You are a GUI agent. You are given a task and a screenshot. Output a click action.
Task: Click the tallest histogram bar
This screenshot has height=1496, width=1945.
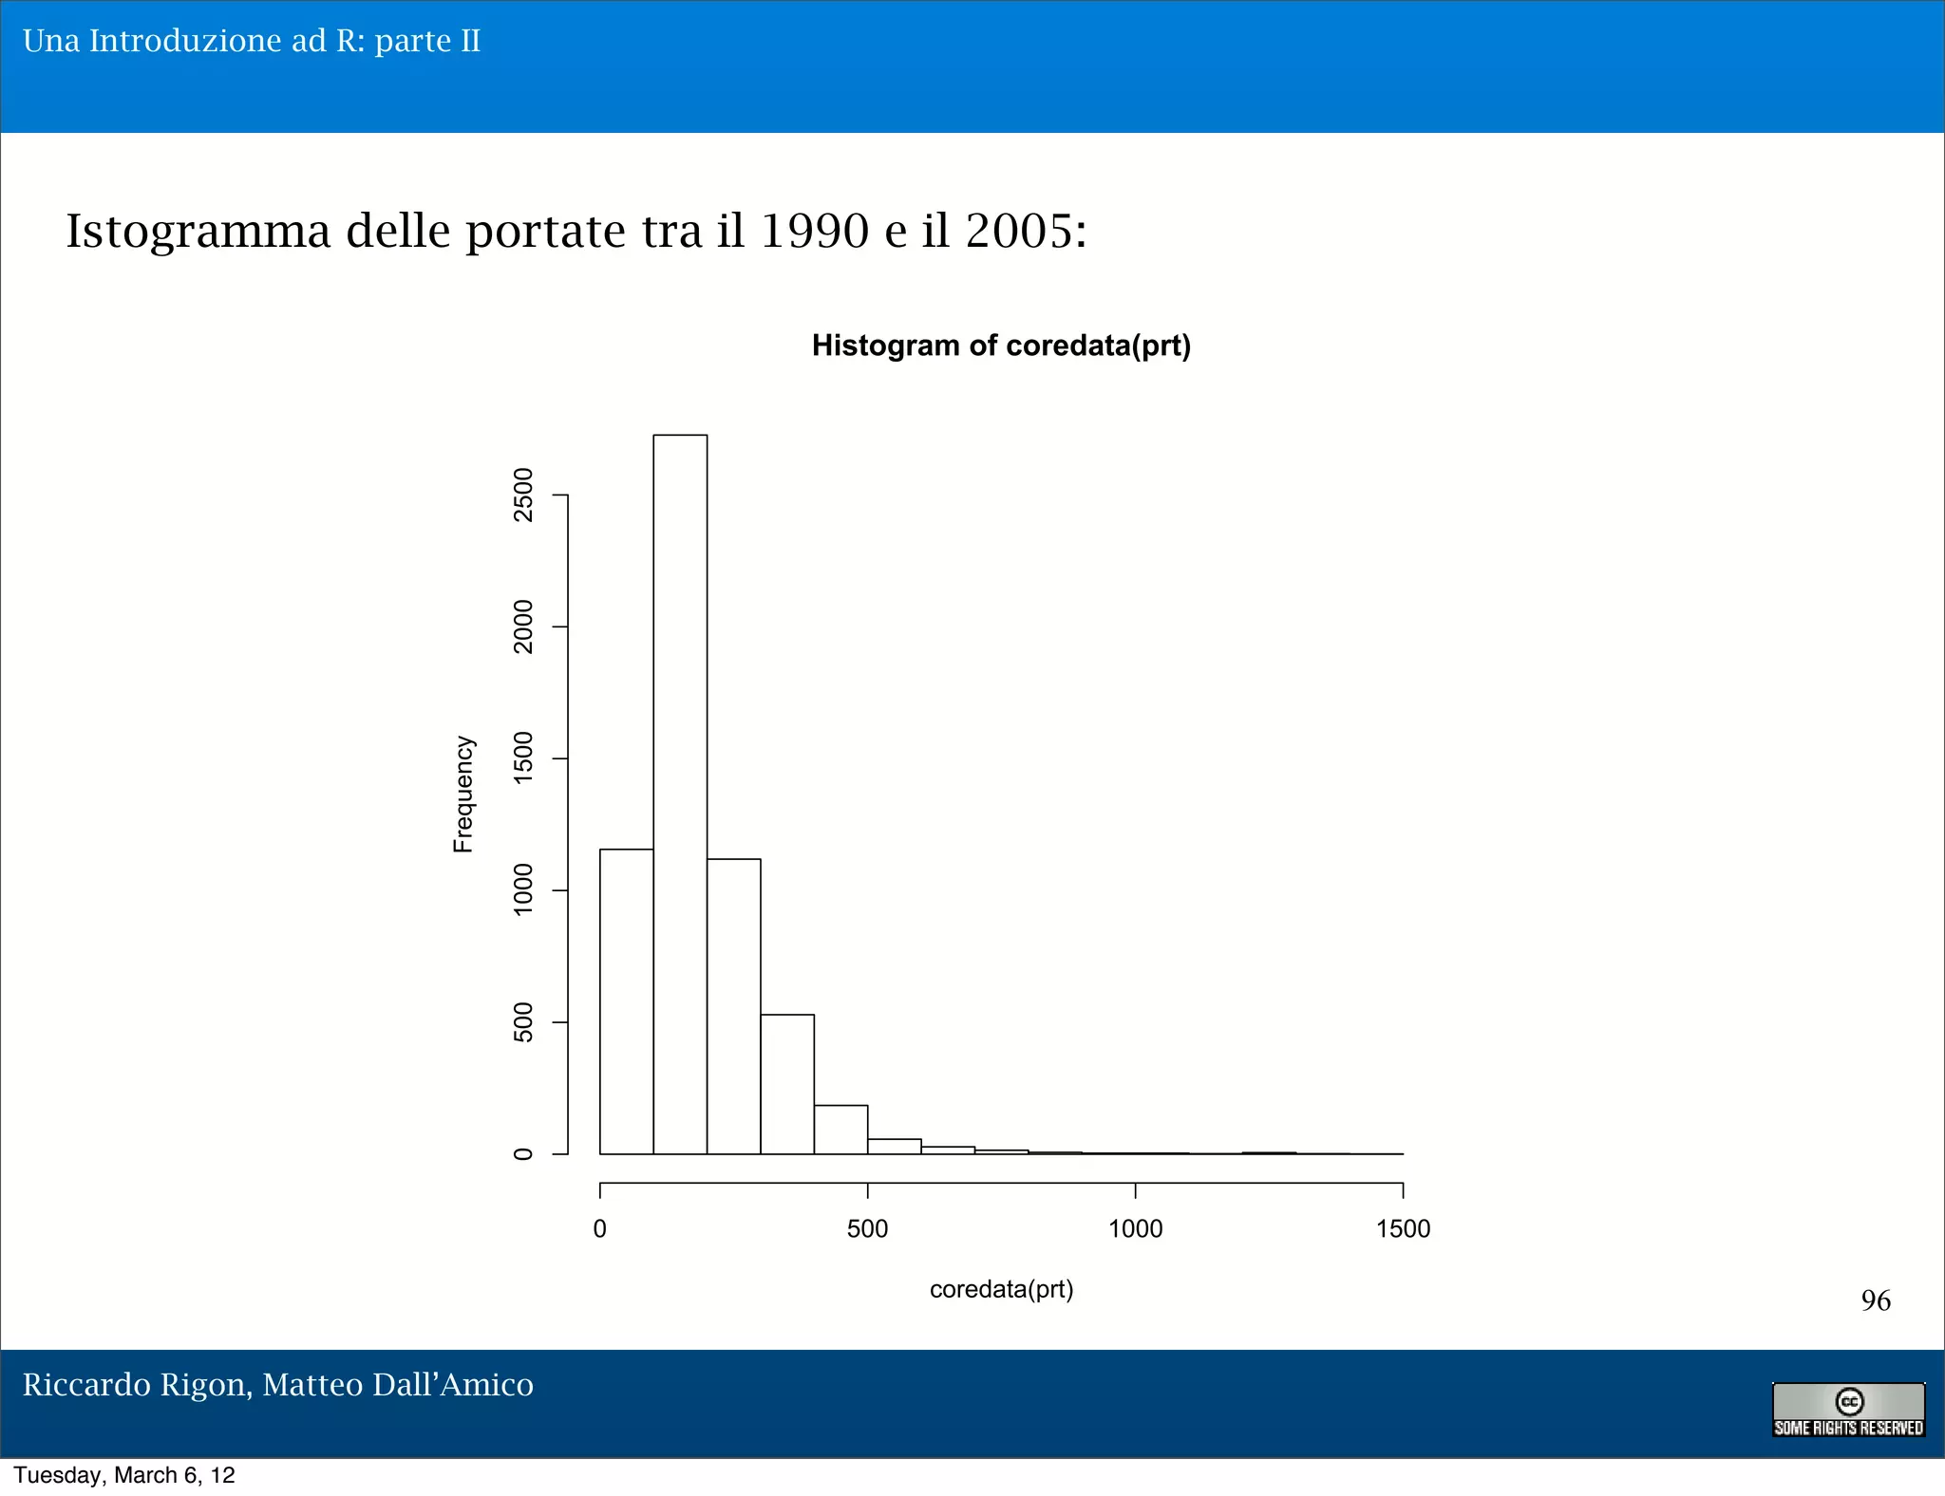coord(680,794)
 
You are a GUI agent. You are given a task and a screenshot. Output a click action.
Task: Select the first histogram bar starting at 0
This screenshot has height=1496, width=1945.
coord(627,1001)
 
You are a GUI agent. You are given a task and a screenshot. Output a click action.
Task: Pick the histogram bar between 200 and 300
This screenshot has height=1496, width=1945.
coord(734,1006)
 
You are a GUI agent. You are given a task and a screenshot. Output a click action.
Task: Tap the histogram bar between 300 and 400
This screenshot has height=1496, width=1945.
coord(787,1084)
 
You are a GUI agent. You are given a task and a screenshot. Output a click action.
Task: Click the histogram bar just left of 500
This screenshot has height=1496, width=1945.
coord(840,1130)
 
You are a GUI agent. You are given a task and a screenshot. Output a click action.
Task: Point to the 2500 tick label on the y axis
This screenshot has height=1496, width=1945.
coord(523,495)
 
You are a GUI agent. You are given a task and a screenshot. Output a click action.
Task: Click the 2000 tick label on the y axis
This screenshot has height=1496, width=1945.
coord(523,626)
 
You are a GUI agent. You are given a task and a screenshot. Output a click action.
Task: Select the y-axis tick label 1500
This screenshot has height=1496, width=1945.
coord(523,758)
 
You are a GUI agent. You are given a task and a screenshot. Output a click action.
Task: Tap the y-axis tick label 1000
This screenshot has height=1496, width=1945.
coord(523,889)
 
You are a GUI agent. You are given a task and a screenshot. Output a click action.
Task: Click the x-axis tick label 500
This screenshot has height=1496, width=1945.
coord(867,1229)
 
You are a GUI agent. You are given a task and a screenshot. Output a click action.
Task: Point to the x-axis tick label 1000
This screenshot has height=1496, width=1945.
coord(1135,1229)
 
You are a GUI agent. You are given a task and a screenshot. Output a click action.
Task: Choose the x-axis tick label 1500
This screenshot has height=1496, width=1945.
coord(1403,1229)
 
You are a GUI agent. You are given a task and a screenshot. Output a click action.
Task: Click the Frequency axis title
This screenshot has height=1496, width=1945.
coord(463,794)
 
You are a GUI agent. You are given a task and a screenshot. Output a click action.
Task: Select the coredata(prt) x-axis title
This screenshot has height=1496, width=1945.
coord(1001,1289)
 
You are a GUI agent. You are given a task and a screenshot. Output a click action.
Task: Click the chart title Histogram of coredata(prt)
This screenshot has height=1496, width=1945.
coord(1001,346)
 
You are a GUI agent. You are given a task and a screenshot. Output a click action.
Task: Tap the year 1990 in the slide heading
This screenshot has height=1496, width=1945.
coord(815,231)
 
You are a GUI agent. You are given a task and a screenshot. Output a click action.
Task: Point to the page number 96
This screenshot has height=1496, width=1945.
coord(1876,1300)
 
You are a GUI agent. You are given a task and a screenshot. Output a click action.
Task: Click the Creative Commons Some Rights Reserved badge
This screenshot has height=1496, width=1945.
coord(1848,1410)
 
